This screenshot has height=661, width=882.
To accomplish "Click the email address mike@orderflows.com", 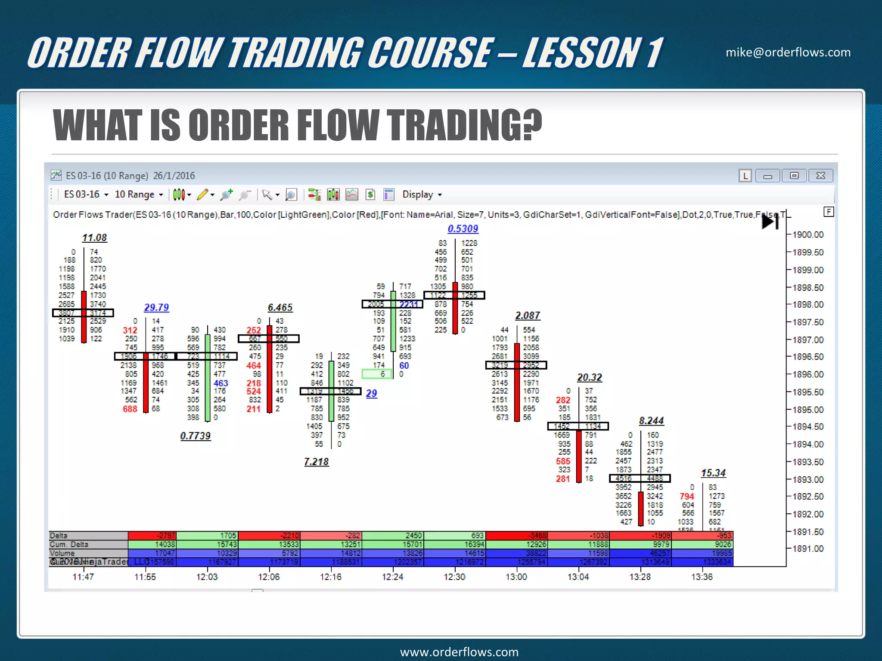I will tap(788, 53).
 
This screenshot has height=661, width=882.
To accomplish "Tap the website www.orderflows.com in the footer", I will tap(459, 652).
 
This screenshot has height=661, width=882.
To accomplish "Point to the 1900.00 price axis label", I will tap(808, 235).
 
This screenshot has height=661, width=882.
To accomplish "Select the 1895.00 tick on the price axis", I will tap(808, 410).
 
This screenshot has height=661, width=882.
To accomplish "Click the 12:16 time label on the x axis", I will tap(330, 577).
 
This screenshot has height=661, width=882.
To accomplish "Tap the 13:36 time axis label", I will tap(702, 577).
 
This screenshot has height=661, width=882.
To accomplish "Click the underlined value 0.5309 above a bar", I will tap(463, 229).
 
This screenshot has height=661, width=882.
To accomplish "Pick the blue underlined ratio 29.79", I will tap(156, 307).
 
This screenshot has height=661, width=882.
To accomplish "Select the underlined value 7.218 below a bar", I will tap(316, 462).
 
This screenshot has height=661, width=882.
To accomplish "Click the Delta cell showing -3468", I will tap(517, 536).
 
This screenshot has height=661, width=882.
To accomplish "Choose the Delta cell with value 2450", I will tap(393, 536).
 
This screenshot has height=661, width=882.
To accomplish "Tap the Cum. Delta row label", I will tap(69, 544).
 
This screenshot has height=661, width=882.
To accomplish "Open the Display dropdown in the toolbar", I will tap(422, 195).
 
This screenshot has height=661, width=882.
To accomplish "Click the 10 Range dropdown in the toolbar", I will tap(139, 195).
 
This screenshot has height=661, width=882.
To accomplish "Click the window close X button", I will tap(820, 176).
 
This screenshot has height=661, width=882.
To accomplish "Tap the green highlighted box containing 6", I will tap(377, 374).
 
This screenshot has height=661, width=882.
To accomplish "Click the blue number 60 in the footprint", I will tap(404, 365).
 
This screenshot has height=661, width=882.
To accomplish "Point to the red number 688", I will tap(130, 409).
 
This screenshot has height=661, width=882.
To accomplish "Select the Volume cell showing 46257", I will tap(640, 553).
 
